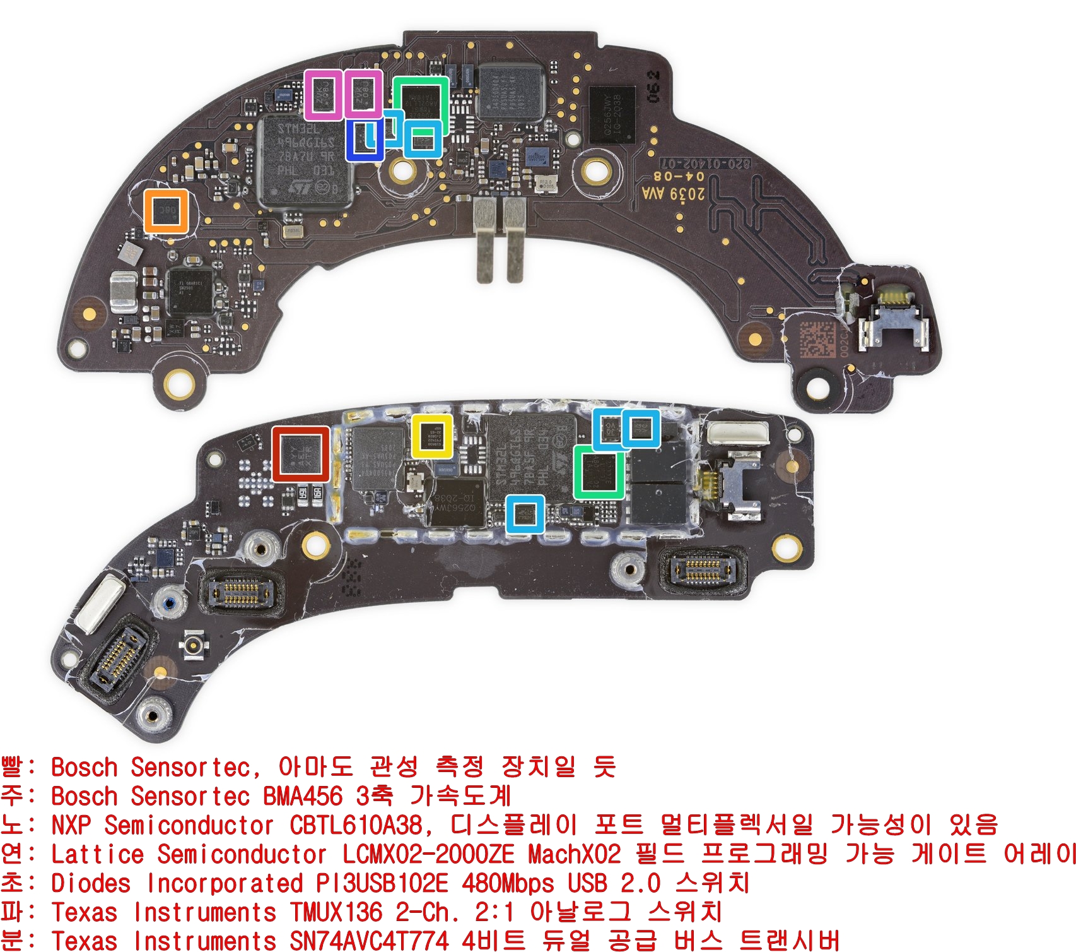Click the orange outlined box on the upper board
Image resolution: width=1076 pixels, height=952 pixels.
[x=166, y=211]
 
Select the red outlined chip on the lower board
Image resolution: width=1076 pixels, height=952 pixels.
[x=301, y=454]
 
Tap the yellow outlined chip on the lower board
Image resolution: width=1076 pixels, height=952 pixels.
[x=432, y=436]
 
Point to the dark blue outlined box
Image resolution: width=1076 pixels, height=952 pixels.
[x=365, y=140]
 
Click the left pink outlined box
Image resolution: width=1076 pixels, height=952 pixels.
[x=324, y=95]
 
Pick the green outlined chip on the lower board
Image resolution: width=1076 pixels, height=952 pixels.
[x=599, y=472]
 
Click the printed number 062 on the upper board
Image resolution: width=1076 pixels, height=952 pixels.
[x=653, y=86]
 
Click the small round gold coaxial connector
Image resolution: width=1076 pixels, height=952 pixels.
[x=193, y=645]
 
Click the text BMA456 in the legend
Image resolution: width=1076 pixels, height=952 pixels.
[x=303, y=796]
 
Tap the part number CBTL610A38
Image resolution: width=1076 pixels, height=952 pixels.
[x=356, y=825]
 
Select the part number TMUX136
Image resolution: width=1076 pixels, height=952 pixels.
[x=336, y=912]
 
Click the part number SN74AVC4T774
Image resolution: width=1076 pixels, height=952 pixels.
[x=370, y=941]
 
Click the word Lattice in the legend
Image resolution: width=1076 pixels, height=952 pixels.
[x=97, y=854]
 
